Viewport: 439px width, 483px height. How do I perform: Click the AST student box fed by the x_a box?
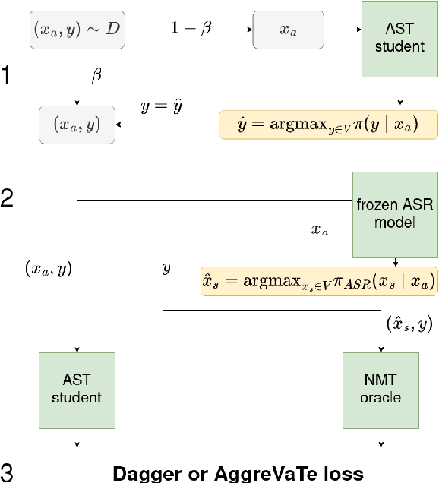[x=400, y=40]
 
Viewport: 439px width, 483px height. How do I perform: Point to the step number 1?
[x=8, y=76]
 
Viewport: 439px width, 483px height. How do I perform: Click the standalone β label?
[x=96, y=75]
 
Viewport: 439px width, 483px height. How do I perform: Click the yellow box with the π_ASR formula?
[x=318, y=281]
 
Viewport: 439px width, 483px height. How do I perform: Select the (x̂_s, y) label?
[x=409, y=324]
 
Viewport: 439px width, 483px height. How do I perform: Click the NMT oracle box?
[x=380, y=389]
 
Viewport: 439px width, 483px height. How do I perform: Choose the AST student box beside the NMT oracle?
[x=77, y=389]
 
